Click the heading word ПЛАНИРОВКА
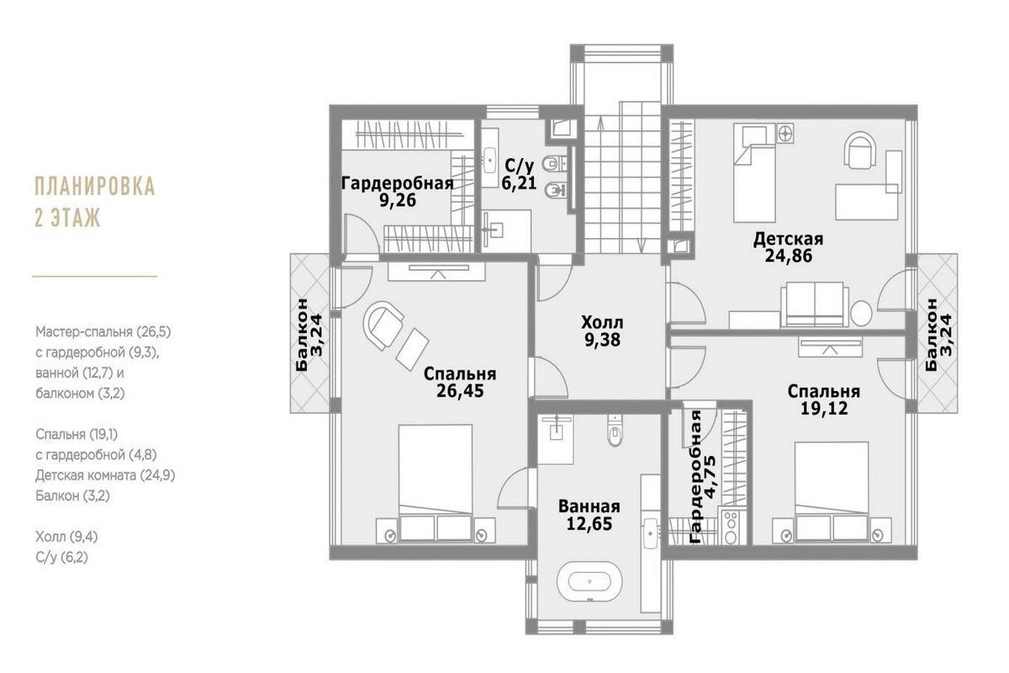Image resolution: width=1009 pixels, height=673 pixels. (95, 186)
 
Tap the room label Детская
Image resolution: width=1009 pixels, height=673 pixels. (788, 239)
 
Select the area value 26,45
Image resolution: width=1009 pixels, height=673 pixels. (460, 390)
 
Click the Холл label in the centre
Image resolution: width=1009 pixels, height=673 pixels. (603, 322)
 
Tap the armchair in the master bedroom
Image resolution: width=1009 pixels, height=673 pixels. (384, 324)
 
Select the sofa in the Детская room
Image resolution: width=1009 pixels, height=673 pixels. (814, 304)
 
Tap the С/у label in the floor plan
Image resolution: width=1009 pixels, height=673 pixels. (514, 164)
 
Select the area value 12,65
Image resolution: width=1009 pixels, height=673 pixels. (589, 524)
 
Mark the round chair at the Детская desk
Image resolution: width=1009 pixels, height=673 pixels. (859, 151)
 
